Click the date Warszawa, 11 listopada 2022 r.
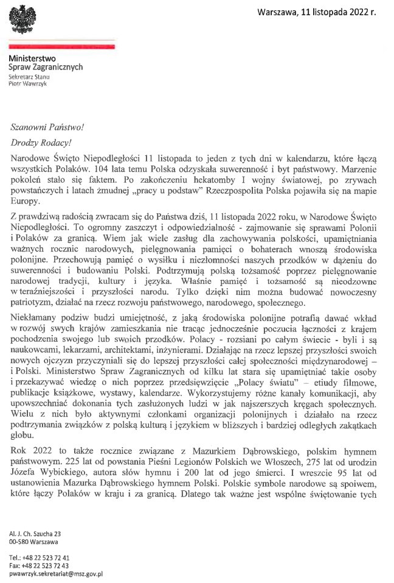317,12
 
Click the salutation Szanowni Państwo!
46,127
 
